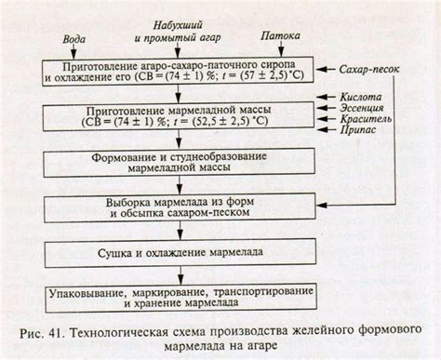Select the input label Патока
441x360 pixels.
[281, 40]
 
